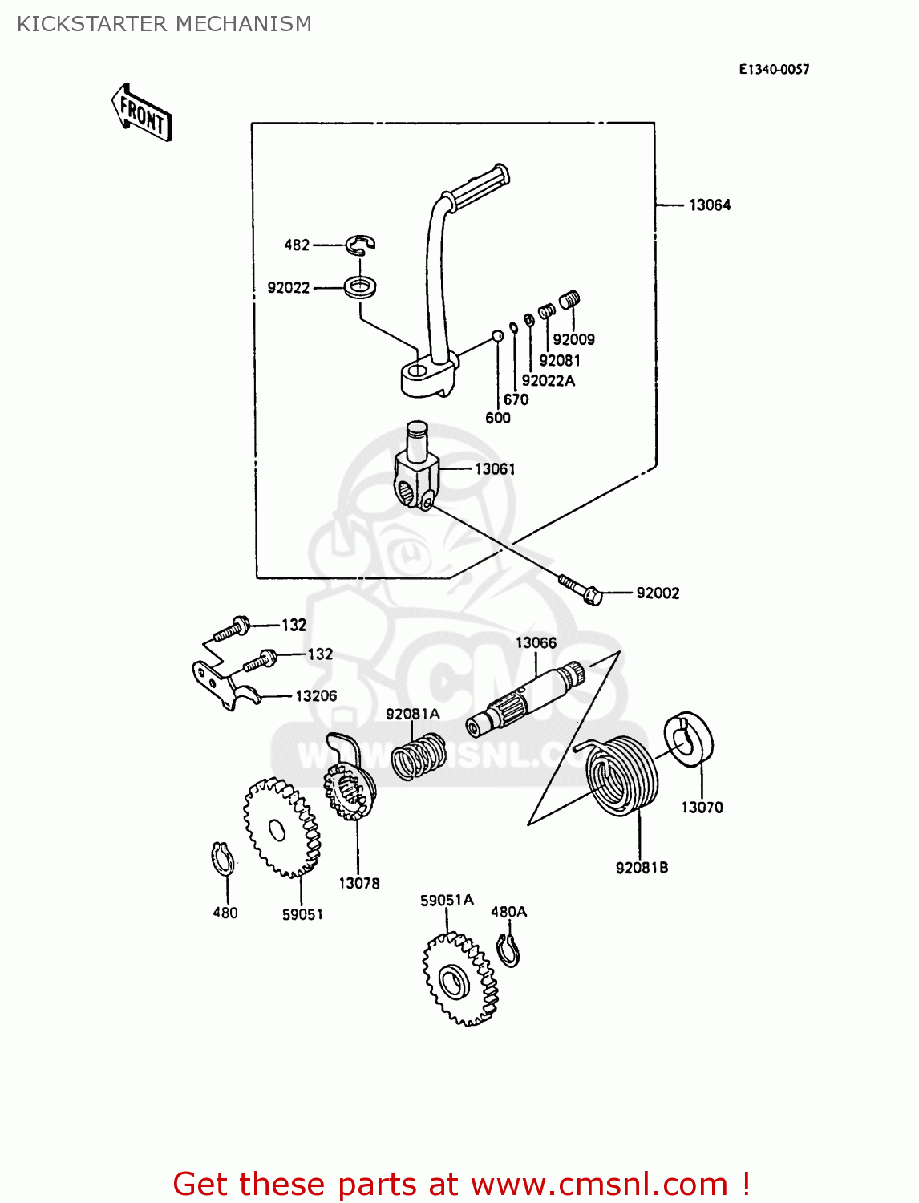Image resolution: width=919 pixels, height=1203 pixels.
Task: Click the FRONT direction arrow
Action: click(x=142, y=113)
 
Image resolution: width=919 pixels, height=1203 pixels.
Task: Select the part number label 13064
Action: click(x=710, y=205)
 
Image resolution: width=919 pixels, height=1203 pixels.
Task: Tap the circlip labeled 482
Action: click(x=362, y=244)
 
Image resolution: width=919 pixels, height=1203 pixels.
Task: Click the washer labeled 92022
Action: click(x=362, y=286)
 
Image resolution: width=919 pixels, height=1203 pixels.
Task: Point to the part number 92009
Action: click(x=573, y=339)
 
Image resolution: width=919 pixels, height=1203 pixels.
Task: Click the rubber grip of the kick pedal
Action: click(x=480, y=185)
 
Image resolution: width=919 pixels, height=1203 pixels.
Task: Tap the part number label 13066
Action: click(x=536, y=643)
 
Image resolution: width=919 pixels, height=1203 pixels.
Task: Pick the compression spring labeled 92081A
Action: click(x=419, y=756)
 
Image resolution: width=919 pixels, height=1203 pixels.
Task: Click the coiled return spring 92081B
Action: click(x=624, y=776)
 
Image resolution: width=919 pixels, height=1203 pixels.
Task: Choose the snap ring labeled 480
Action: click(x=222, y=860)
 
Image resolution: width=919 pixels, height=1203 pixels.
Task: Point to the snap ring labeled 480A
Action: click(x=508, y=950)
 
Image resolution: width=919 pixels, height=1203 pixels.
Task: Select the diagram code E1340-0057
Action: click(x=774, y=70)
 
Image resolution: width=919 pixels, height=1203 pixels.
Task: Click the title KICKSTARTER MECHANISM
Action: click(x=164, y=24)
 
